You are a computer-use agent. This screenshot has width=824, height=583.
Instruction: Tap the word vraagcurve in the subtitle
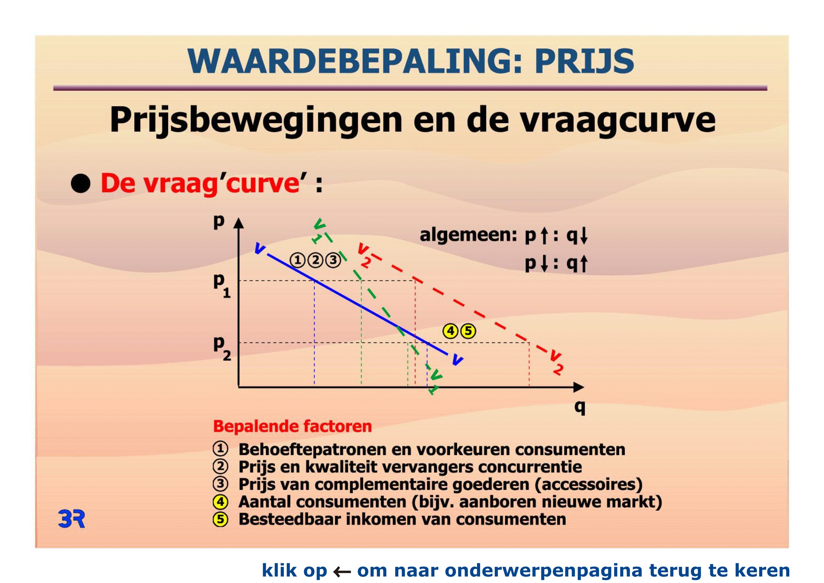coord(618,121)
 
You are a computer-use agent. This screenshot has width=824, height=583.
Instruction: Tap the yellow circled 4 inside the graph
coord(451,331)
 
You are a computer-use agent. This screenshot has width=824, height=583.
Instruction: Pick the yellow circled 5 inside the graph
coord(468,331)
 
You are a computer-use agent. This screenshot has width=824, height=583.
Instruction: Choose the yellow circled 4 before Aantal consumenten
coord(220,502)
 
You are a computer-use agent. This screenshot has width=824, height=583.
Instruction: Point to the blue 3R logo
coord(71,519)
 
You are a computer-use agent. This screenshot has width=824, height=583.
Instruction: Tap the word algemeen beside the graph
coord(468,236)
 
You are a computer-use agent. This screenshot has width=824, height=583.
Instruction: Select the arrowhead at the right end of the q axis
coord(578,387)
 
